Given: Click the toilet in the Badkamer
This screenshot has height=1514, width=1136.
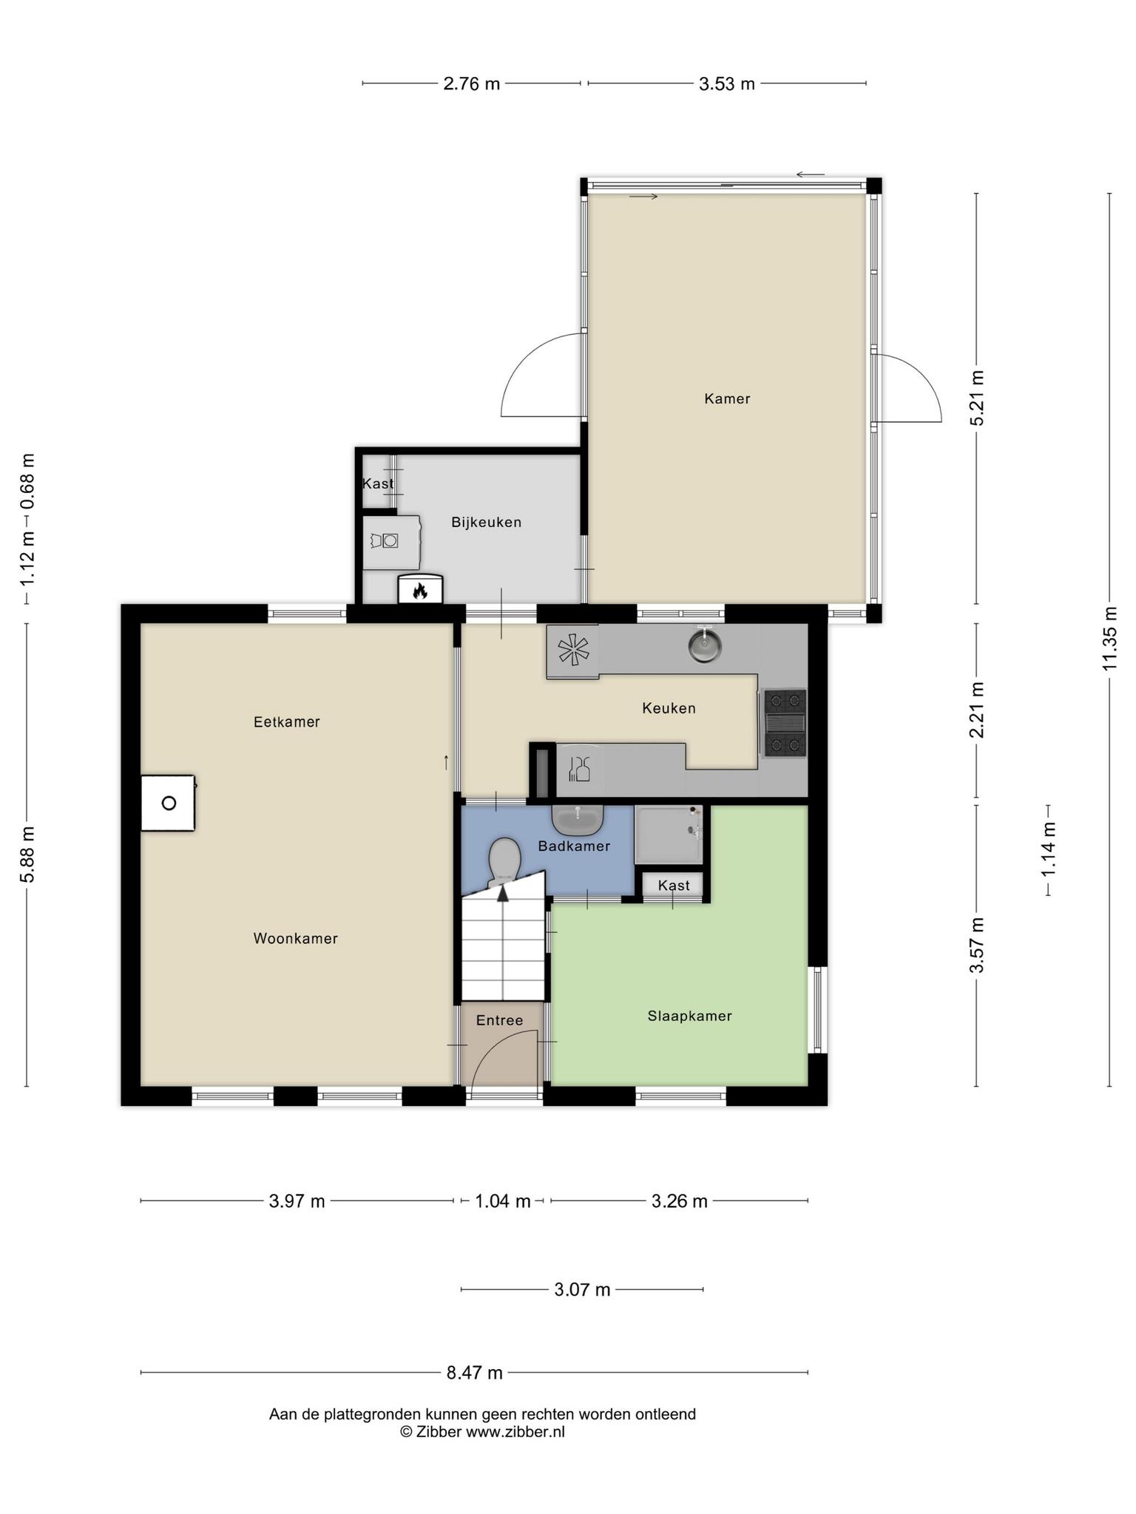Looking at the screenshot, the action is [504, 860].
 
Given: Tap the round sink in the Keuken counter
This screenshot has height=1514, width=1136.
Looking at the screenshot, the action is [705, 645].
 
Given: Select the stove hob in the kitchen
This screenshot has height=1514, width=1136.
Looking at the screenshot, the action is [784, 722].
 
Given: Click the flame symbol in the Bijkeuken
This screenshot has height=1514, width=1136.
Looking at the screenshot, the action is [421, 591].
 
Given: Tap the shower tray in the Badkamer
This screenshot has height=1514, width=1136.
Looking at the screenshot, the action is [668, 834].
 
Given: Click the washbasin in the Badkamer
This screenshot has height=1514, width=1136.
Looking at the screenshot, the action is [578, 819].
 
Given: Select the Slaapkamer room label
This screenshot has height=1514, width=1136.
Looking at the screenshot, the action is [689, 1016].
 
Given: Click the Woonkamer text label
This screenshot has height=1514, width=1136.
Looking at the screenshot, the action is [295, 938].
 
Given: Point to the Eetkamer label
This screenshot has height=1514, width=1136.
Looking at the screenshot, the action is [286, 722].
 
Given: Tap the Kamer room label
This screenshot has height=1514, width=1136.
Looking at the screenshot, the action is [727, 398].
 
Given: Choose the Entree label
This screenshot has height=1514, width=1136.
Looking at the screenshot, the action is [499, 1020].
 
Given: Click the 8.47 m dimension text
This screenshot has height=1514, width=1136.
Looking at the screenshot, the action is [474, 1373].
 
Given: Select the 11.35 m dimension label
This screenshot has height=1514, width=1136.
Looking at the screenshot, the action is [1109, 638].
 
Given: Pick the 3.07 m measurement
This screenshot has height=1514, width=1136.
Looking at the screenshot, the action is [582, 1290].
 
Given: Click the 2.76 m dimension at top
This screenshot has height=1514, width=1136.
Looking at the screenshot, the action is [471, 84].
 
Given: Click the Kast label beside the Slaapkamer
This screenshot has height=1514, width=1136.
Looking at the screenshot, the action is [673, 885].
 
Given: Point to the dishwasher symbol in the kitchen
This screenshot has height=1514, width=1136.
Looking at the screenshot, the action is [579, 769].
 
